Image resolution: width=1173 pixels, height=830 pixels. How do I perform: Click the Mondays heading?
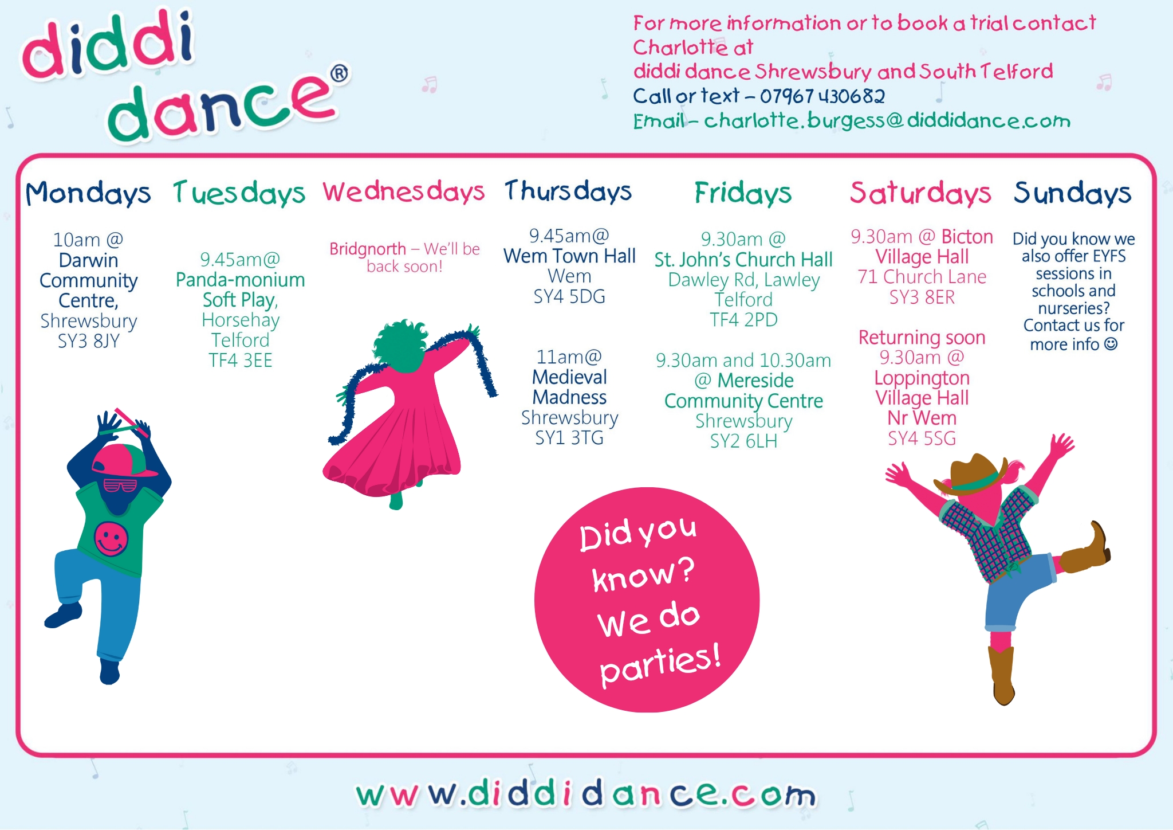[x=88, y=193]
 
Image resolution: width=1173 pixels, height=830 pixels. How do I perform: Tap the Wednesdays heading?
[x=404, y=192]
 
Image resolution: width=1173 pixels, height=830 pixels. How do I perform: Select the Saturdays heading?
[x=920, y=193]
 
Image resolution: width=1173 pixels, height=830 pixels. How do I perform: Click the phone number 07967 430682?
[x=822, y=96]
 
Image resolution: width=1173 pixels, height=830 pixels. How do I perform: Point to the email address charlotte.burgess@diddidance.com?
[x=887, y=120]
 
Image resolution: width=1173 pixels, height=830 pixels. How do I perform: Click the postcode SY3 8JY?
[x=89, y=341]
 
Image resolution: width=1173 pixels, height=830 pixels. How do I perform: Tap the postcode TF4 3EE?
[x=241, y=361]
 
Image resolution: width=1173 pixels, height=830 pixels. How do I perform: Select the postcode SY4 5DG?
[x=569, y=296]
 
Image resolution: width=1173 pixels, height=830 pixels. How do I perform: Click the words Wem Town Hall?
[x=569, y=256]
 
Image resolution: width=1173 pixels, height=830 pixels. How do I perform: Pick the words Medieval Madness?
[x=569, y=387]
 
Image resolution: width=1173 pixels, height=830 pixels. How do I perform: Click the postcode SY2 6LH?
[x=743, y=441]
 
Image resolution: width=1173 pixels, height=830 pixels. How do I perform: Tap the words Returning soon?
[x=922, y=337]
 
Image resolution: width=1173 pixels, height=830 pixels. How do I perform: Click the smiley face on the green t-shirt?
[x=111, y=539]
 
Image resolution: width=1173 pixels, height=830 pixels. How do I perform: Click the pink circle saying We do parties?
[x=647, y=600]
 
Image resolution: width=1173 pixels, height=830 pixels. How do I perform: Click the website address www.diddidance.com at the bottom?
[x=585, y=794]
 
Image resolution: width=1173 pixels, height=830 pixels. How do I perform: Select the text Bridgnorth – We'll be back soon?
[x=404, y=257]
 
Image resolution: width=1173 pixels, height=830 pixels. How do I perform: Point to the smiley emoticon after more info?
[x=1111, y=344]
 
